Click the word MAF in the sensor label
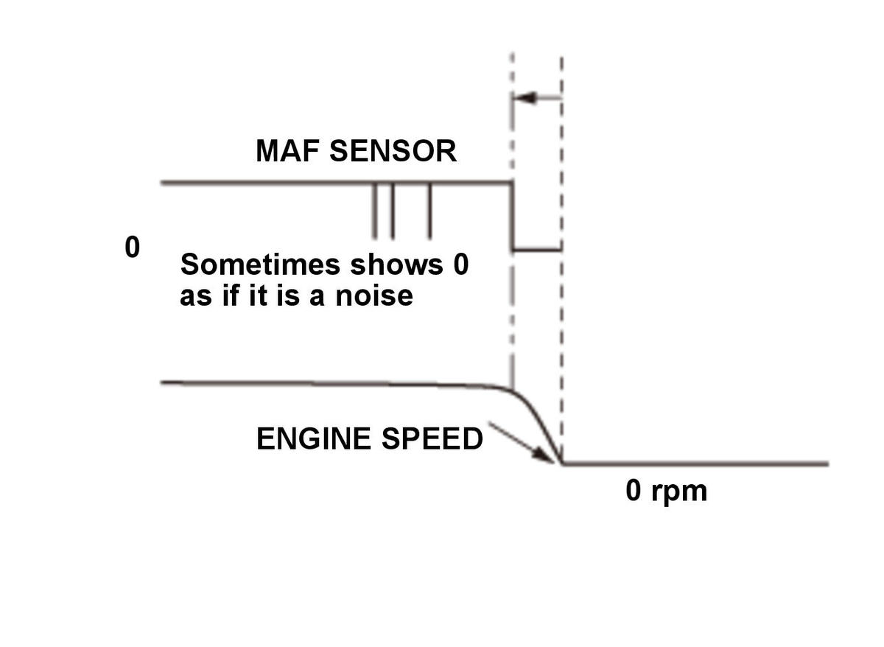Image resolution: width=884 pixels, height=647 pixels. (288, 151)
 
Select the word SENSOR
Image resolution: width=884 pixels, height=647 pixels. (393, 151)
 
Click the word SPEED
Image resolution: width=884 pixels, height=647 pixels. (432, 438)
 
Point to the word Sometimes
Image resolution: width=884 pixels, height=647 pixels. (260, 264)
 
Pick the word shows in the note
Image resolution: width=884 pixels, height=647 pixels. (396, 264)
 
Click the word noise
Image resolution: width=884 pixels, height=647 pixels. (374, 296)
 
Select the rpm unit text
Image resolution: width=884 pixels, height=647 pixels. (679, 492)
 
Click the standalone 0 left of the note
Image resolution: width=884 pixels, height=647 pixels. (132, 247)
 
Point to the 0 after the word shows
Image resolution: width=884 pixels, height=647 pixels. (461, 264)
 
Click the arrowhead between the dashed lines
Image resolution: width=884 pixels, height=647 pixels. (525, 97)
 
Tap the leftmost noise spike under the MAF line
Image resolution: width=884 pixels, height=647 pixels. (374, 211)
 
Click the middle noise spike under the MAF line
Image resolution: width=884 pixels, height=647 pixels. (392, 211)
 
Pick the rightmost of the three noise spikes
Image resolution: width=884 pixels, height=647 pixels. (429, 211)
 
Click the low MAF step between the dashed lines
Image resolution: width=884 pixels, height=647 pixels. (537, 250)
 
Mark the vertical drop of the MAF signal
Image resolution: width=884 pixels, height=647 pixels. (513, 216)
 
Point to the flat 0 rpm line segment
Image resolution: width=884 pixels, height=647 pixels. (695, 464)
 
